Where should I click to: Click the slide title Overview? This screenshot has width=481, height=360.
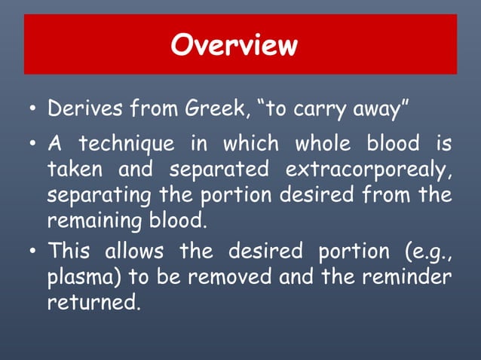pyautogui.click(x=234, y=45)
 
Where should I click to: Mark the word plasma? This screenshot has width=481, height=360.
pyautogui.click(x=79, y=278)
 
